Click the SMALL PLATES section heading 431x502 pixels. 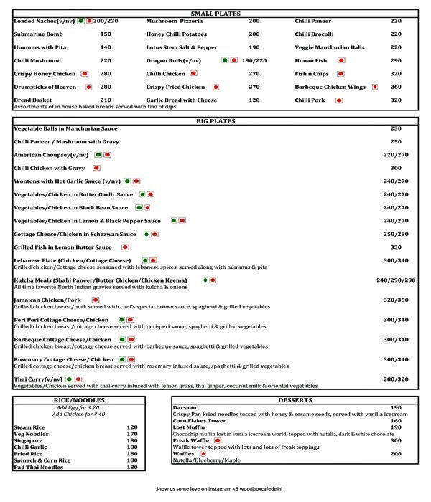point(215,14)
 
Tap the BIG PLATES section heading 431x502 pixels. point(215,121)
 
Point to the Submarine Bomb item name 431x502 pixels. point(38,34)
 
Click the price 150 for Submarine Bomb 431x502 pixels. point(106,34)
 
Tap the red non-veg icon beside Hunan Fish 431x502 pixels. point(340,60)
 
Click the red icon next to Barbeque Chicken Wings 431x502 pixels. point(374,87)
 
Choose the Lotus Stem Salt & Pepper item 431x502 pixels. point(182,47)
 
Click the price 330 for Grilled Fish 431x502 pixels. point(396,247)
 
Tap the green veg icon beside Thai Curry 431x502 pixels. point(69,378)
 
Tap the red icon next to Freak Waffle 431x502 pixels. point(218,440)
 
